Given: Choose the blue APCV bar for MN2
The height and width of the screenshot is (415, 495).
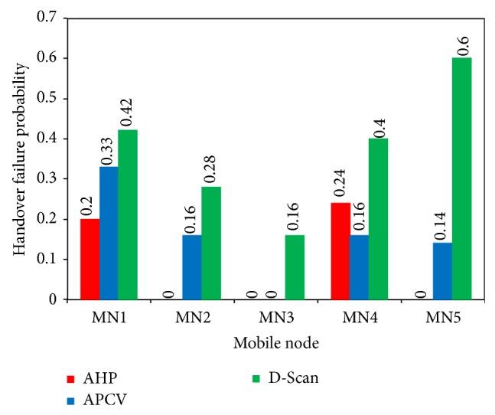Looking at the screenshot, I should (x=192, y=267).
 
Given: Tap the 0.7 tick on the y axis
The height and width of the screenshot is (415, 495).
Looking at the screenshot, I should (x=51, y=18).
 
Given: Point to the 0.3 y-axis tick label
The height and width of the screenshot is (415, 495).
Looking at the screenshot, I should (x=51, y=178).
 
